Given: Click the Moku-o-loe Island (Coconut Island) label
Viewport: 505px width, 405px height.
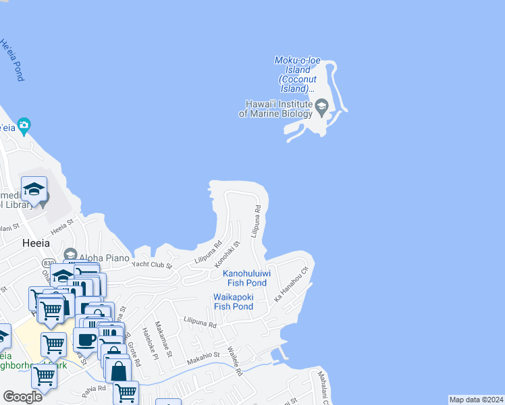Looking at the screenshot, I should [x=293, y=74].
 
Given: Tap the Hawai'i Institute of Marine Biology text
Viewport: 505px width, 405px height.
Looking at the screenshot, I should [x=276, y=109].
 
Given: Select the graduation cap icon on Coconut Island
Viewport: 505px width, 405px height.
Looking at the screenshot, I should [x=321, y=105].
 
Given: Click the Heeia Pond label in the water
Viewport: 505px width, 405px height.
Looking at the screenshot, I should [x=12, y=60].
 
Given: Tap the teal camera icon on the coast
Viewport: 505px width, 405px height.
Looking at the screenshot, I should [x=24, y=125].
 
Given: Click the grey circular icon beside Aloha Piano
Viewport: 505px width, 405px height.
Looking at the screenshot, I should [x=70, y=254].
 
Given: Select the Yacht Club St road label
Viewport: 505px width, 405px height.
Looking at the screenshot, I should [x=152, y=265].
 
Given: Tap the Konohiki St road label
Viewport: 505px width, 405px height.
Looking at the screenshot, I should [x=228, y=255].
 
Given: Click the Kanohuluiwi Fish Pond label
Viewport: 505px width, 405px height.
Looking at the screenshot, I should [x=247, y=278].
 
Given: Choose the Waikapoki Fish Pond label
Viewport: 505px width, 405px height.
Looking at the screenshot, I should [x=234, y=302].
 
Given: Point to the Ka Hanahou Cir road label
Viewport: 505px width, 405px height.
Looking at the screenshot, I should [x=290, y=284].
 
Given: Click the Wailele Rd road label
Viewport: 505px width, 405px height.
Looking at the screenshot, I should [x=234, y=362].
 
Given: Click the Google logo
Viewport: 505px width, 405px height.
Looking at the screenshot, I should [x=22, y=397].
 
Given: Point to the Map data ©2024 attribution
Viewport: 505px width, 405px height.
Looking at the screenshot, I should [x=475, y=400].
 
